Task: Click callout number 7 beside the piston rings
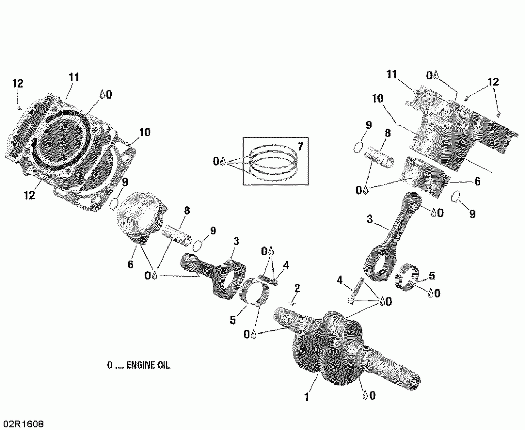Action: click(x=300, y=145)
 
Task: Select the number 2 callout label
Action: click(x=297, y=288)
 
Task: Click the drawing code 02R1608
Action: click(x=23, y=423)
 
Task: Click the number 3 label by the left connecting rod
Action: click(x=236, y=241)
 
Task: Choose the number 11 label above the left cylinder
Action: click(x=73, y=78)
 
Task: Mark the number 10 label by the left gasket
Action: click(x=144, y=133)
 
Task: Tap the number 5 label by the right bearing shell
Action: click(x=432, y=275)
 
